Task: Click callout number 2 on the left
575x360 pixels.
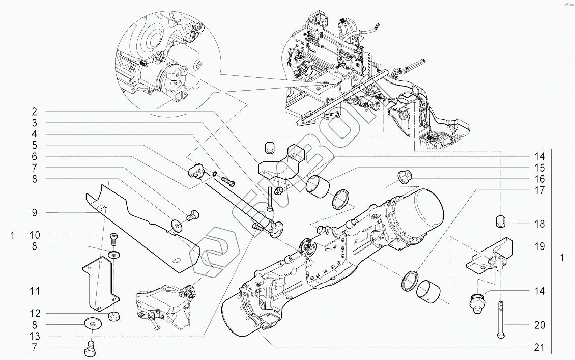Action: point(35,112)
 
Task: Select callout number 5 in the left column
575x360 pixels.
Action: point(35,145)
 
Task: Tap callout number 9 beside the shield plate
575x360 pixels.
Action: point(35,212)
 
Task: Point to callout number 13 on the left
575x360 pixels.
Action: point(35,336)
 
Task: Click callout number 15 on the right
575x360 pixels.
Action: point(539,168)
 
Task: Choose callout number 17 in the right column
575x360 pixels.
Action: point(539,190)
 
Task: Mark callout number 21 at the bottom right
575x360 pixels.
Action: point(539,347)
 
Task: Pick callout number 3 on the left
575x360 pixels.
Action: point(35,123)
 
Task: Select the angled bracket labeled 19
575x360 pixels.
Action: point(491,257)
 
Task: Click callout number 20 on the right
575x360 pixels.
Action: point(539,325)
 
